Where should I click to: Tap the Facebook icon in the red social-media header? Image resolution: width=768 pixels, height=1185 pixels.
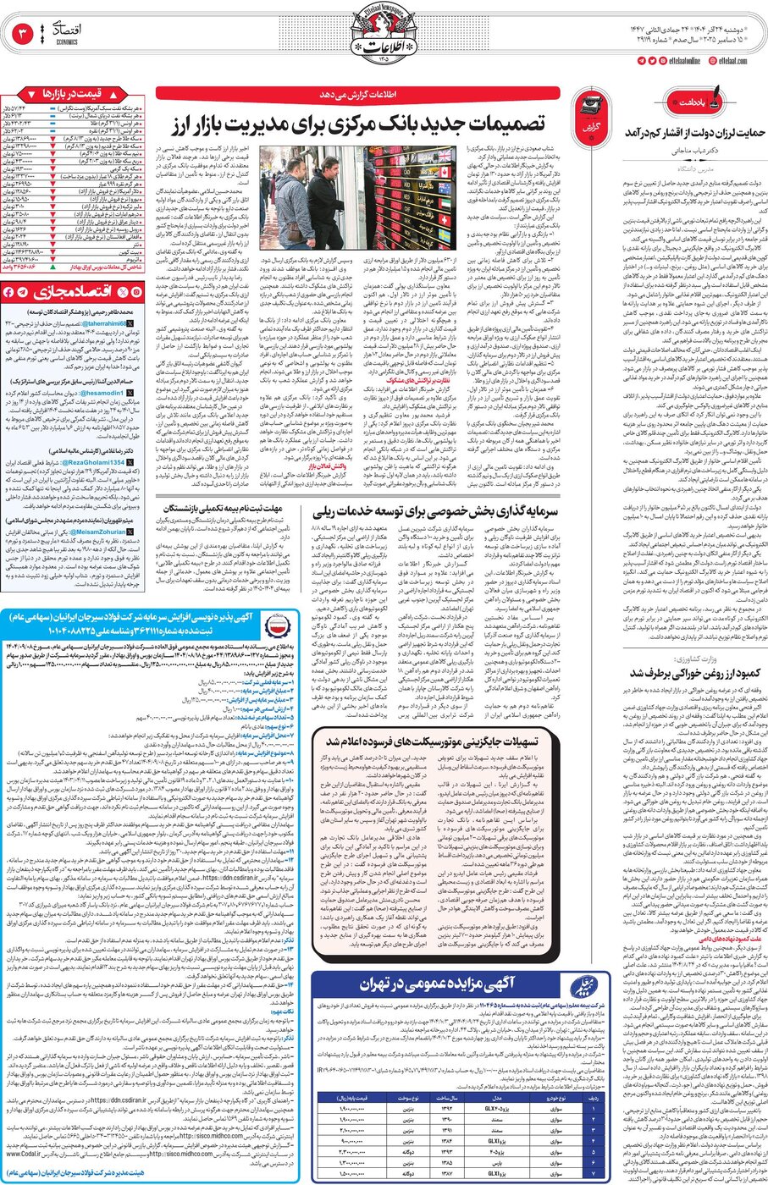tap(8, 292)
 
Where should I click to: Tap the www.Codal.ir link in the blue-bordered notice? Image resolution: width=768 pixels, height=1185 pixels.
tap(25, 1153)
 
